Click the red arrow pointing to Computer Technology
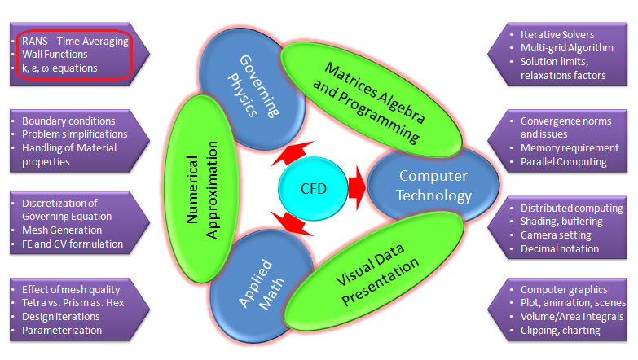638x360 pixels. click(x=356, y=187)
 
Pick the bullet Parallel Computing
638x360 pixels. click(x=564, y=161)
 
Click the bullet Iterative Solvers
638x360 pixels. click(x=557, y=35)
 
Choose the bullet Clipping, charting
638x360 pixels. click(x=560, y=330)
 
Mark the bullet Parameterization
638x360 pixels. click(x=62, y=330)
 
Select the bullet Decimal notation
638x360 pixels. click(x=560, y=248)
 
